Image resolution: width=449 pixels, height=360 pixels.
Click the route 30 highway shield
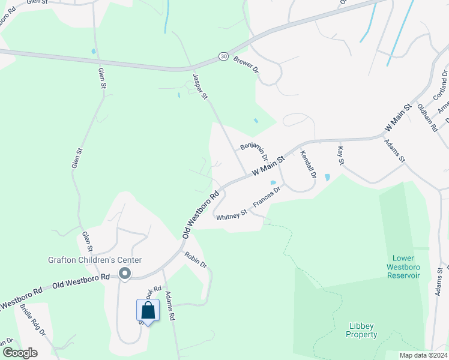[x=223, y=56]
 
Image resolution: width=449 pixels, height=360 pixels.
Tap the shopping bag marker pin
[x=148, y=311]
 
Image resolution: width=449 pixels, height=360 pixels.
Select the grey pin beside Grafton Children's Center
[x=125, y=274]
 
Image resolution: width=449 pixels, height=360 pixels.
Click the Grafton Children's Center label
[x=95, y=260]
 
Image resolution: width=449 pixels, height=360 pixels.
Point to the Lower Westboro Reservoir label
[x=402, y=266]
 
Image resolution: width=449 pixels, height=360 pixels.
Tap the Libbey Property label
[x=363, y=330]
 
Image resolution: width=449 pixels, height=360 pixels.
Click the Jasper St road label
[x=200, y=86]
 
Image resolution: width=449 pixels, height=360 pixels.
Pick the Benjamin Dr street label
[x=253, y=146]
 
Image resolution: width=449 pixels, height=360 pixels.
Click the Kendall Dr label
[x=308, y=164]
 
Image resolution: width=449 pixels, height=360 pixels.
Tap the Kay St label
[x=341, y=155]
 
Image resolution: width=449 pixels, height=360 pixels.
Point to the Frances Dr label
[x=267, y=197]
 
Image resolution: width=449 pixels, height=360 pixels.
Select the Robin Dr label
[x=196, y=260]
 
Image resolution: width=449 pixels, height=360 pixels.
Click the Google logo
[x=20, y=353]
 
